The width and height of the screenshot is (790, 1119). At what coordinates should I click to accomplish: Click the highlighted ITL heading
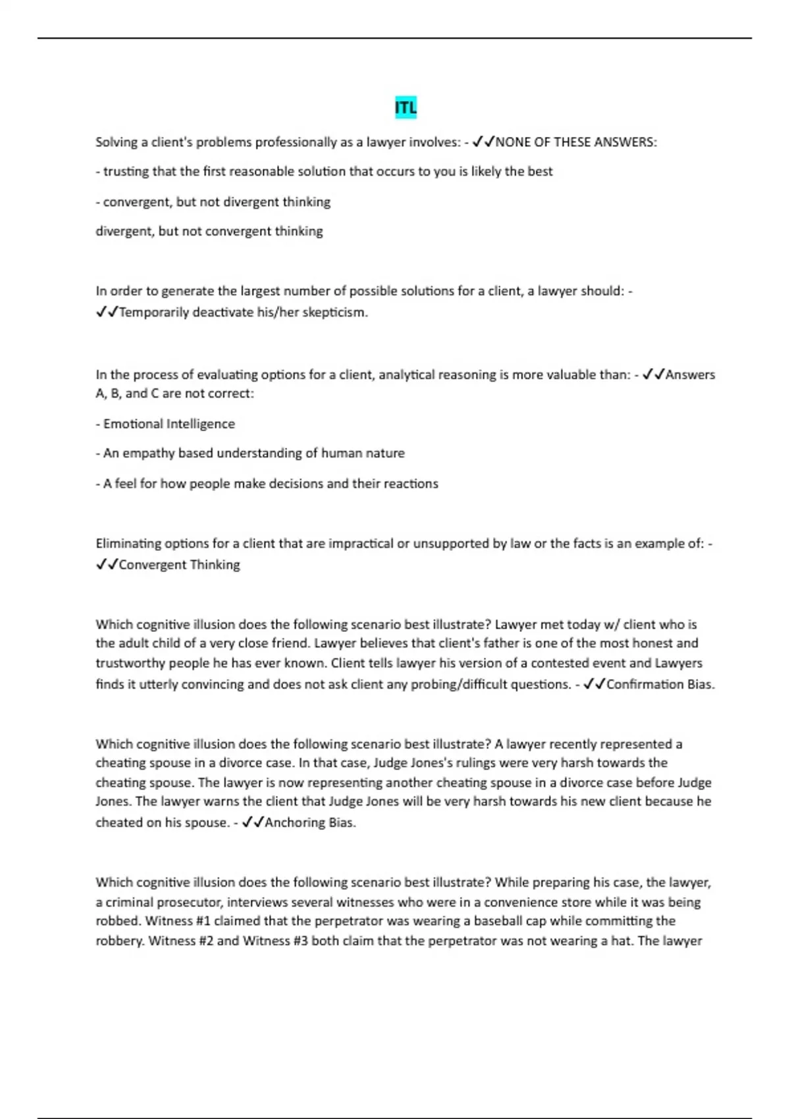point(406,108)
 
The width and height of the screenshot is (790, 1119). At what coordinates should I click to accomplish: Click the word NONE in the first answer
point(513,142)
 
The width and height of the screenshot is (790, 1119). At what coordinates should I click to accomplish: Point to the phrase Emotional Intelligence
point(169,424)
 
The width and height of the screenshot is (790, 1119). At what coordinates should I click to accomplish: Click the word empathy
point(148,454)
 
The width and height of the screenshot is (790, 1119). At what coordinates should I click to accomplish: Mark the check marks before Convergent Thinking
point(107,565)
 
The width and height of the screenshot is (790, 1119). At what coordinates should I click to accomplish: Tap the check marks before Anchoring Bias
point(253,823)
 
